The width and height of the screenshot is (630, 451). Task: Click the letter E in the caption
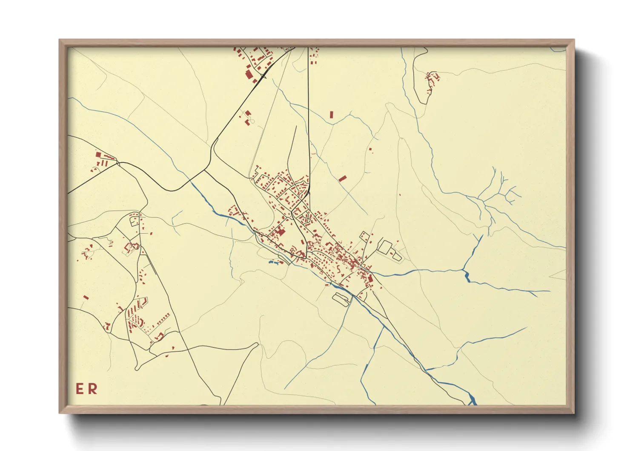click(x=80, y=389)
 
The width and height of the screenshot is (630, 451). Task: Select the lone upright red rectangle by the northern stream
click(x=332, y=115)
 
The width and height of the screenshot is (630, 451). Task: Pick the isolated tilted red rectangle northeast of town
click(x=343, y=178)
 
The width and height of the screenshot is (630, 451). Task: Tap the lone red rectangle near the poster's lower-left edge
click(x=86, y=298)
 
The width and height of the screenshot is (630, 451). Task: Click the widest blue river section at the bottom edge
click(x=472, y=400)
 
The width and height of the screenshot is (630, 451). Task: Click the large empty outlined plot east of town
click(x=385, y=247)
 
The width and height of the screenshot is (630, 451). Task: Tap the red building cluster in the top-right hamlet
click(x=432, y=79)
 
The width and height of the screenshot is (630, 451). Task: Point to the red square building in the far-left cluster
click(x=98, y=155)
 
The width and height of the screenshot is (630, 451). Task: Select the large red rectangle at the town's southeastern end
click(x=370, y=279)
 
